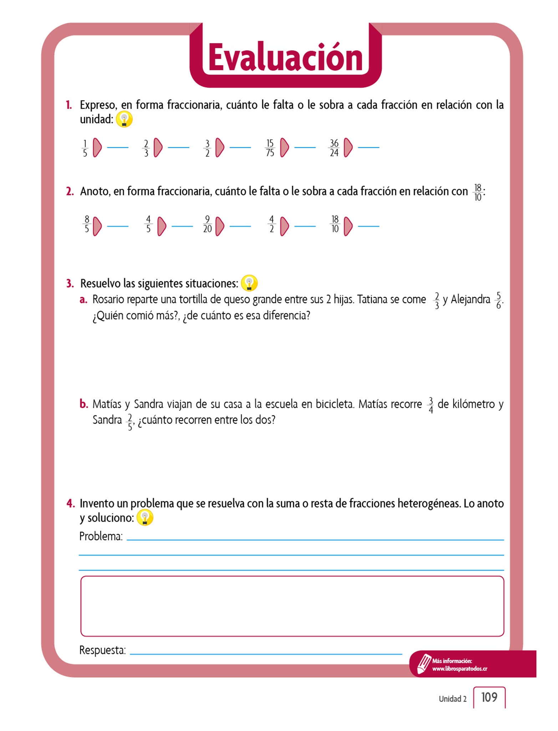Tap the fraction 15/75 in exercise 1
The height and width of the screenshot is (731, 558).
pos(270,148)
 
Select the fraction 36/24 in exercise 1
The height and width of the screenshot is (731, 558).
pos(334,148)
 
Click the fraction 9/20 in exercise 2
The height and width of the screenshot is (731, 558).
pos(207,224)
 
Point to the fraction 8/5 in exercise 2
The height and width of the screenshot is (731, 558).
pos(87,224)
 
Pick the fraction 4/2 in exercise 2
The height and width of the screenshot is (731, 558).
pos(272,224)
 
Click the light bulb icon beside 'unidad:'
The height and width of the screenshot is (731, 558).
pos(124,119)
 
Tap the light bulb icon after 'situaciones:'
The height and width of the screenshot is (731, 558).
pos(249,283)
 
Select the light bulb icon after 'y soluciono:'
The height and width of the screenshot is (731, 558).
pos(145,518)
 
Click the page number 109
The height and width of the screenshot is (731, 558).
pos(489,697)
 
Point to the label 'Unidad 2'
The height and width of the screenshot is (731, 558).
pos(452,699)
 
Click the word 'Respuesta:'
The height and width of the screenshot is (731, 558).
pos(102,650)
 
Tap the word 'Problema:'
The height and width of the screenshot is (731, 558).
pos(101,536)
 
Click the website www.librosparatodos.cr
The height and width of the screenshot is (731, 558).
pos(460,669)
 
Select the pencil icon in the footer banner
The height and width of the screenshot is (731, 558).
pos(424,663)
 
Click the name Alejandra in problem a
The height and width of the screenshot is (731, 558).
pos(470,299)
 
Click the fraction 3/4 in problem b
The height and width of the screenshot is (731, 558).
pos(431,405)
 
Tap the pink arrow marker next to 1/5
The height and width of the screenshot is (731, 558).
pos(97,147)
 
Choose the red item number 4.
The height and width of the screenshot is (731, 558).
pos(70,504)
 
